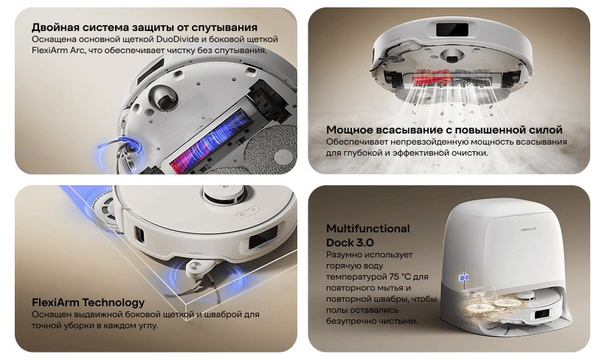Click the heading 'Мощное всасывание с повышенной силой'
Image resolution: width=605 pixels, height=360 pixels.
(444, 130)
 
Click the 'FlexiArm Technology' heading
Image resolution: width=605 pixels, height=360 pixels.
(89, 302)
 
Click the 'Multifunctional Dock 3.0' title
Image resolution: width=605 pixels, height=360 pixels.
(367, 235)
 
